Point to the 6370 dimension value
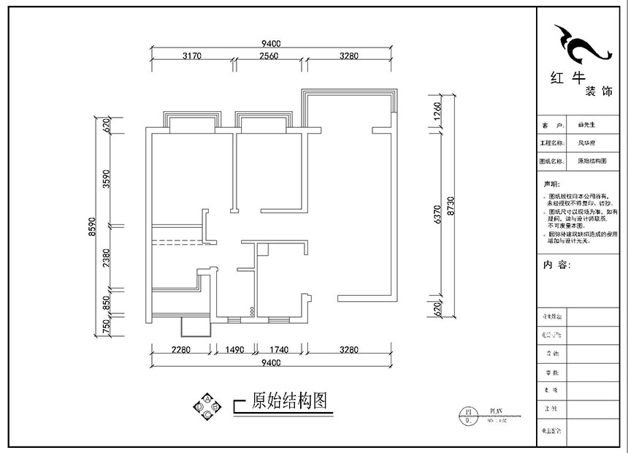pos(438,215)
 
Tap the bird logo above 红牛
pos(581,46)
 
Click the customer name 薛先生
pos(586,126)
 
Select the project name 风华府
pos(586,143)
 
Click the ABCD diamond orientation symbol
pos(207,406)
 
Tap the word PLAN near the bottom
pos(497,411)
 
